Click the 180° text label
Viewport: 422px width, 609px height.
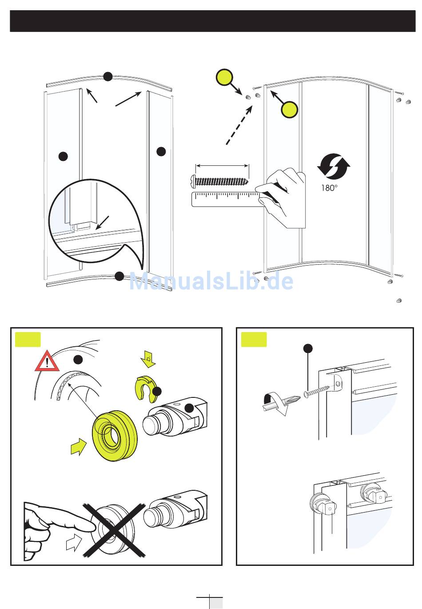[329, 188]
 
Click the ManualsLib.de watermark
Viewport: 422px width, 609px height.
[211, 282]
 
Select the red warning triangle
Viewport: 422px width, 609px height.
[48, 361]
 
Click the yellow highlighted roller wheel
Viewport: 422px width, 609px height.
[115, 436]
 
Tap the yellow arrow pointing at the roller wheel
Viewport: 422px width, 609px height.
[79, 446]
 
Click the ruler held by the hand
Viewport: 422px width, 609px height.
[225, 199]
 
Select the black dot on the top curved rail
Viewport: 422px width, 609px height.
[108, 76]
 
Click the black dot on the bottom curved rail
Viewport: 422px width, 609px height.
[119, 276]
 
